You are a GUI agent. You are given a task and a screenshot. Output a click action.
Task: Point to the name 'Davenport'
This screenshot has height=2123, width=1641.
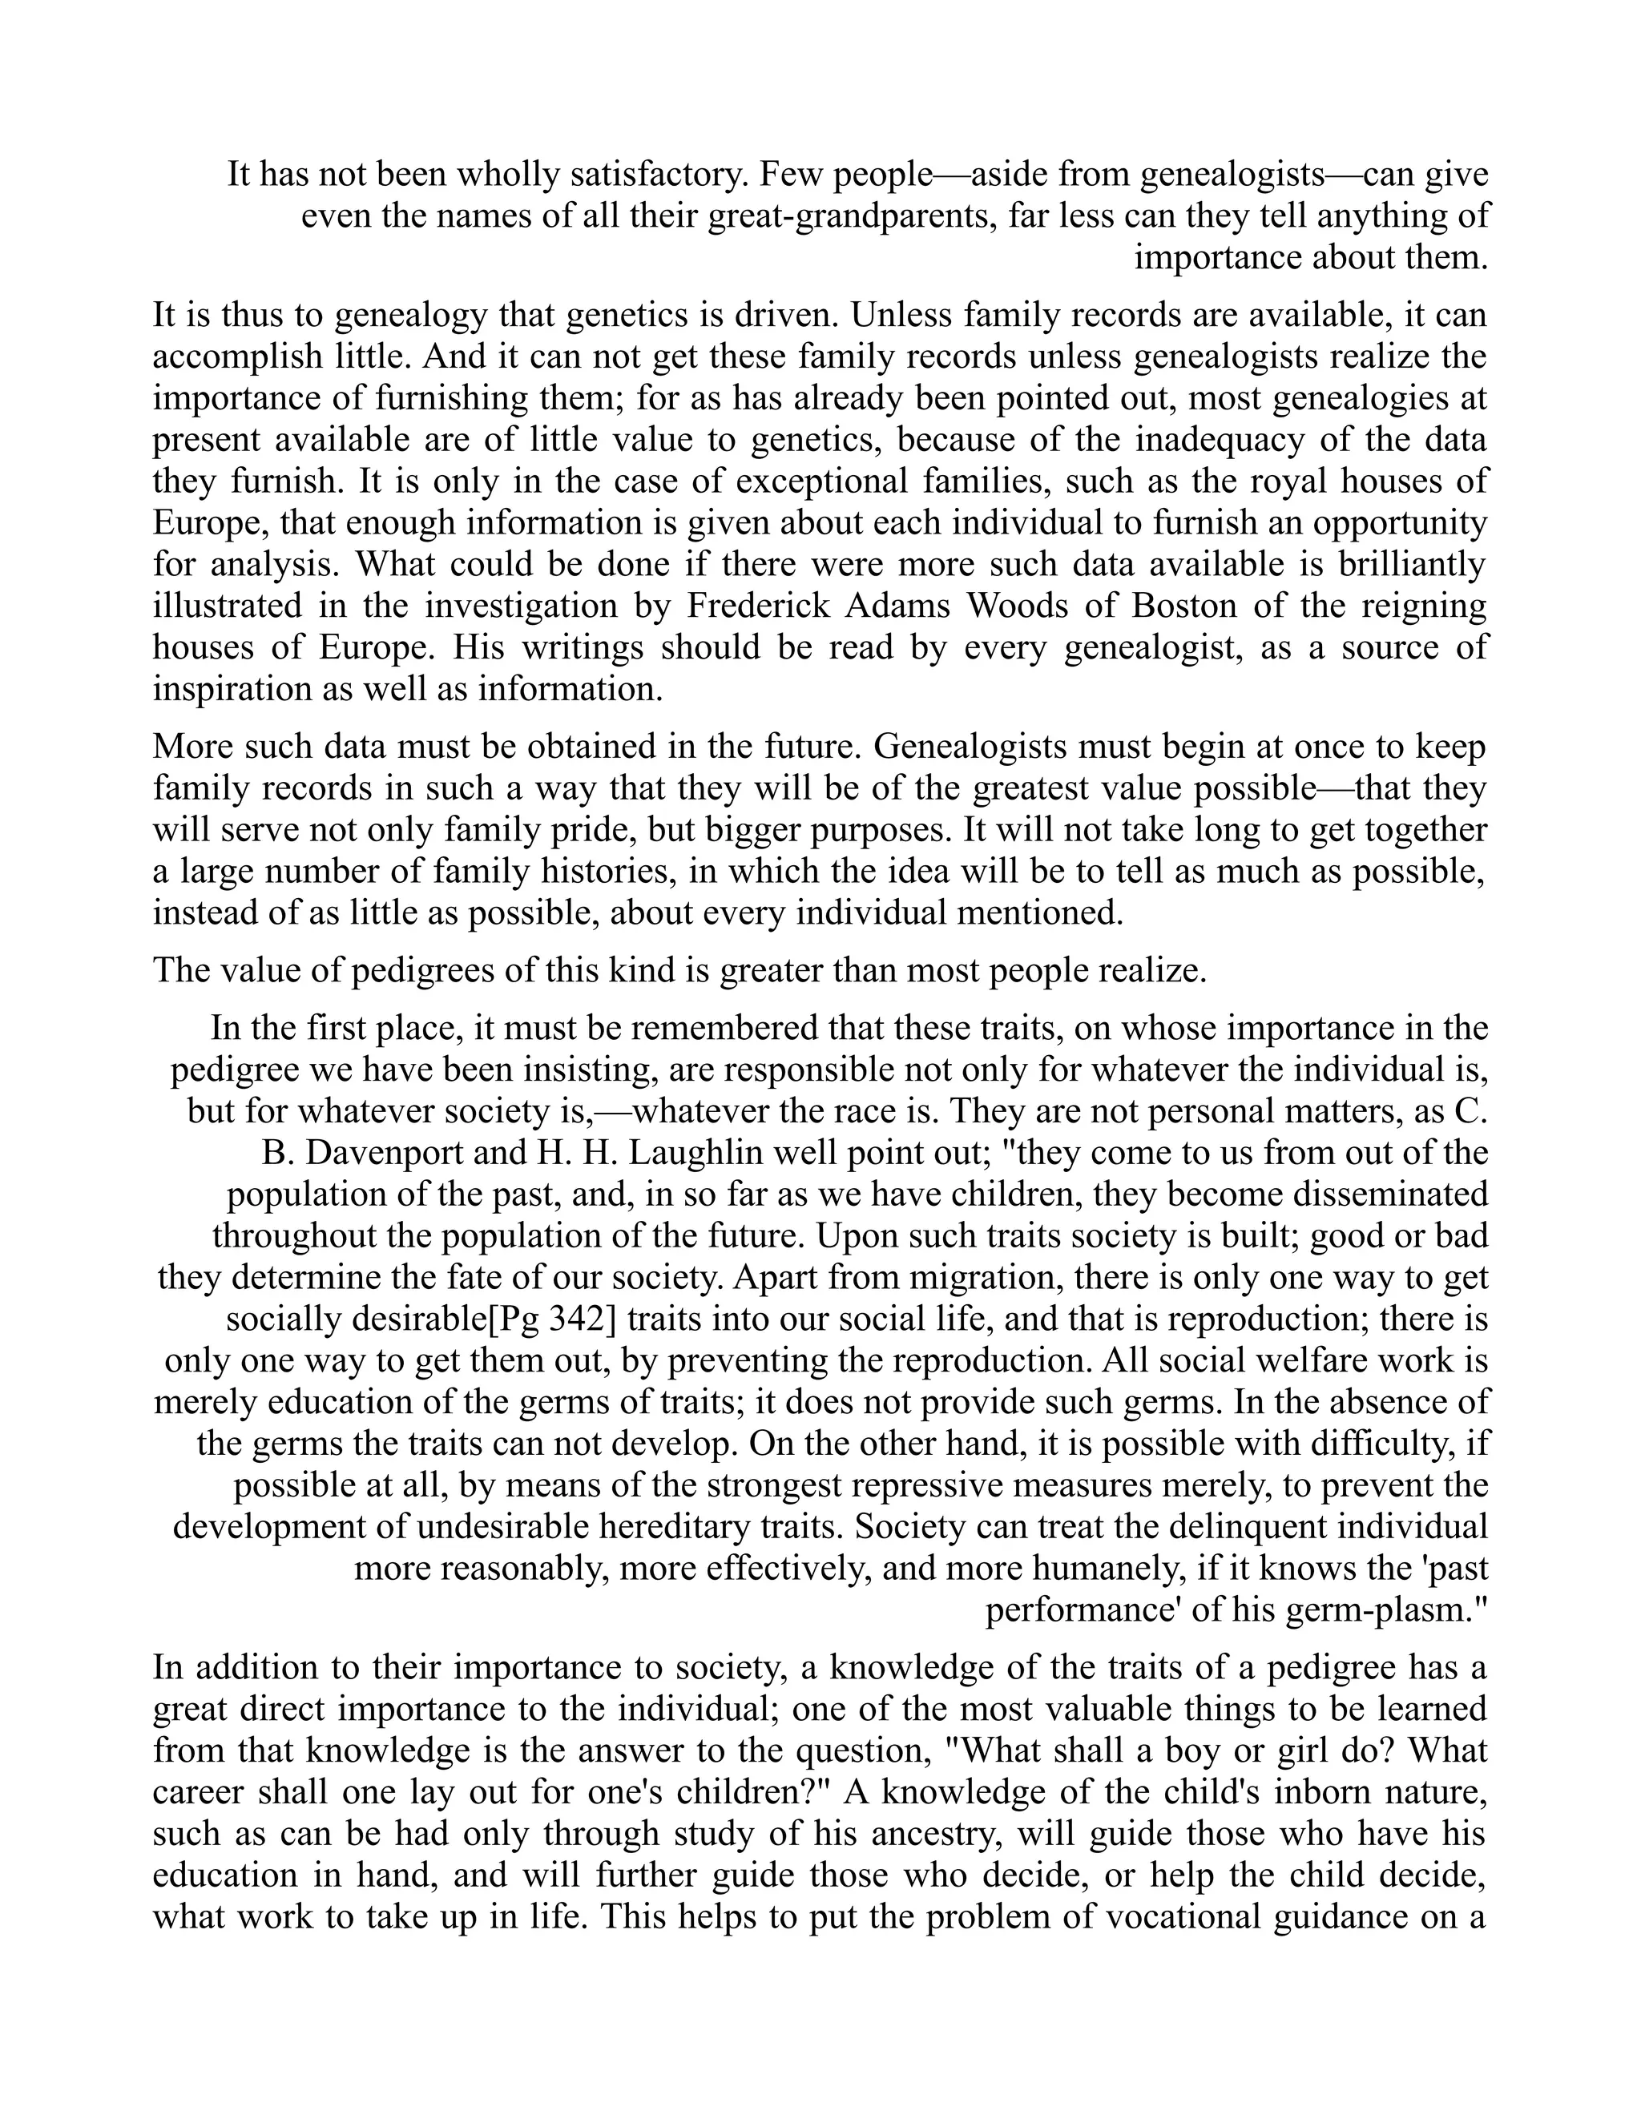[x=387, y=1153]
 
